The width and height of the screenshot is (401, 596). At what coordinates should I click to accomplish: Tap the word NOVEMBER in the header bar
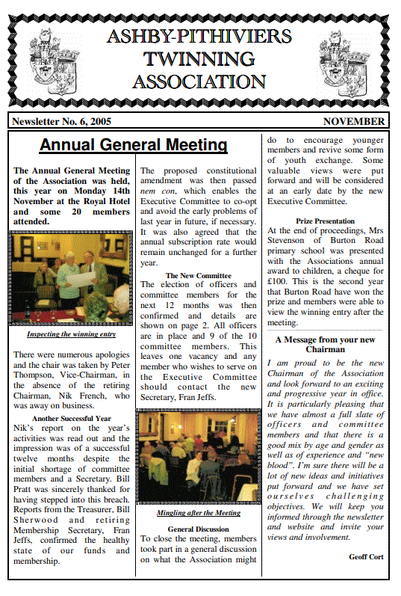tap(354, 121)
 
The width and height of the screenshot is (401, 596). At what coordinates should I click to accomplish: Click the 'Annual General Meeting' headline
tap(133, 145)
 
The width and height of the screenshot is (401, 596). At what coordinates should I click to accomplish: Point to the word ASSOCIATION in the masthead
tap(199, 82)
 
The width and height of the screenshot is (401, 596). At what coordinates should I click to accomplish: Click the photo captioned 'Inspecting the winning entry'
tap(72, 279)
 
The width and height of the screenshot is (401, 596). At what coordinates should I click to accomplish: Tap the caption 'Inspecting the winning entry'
tap(72, 334)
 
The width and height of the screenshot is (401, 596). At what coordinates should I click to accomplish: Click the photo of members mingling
tap(198, 458)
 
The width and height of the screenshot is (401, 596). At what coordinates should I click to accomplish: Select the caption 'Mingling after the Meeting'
tap(198, 513)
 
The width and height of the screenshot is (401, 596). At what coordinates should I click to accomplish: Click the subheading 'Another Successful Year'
tap(72, 419)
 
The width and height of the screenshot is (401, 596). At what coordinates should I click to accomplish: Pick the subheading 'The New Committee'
tap(198, 275)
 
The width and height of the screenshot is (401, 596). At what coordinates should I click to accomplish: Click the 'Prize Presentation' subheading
tap(325, 221)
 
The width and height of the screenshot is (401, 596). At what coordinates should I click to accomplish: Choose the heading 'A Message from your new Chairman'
tap(325, 344)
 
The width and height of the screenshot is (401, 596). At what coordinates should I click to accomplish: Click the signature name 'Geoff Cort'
tap(366, 556)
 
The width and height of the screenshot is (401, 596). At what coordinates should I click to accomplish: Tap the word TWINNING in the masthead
tap(199, 58)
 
